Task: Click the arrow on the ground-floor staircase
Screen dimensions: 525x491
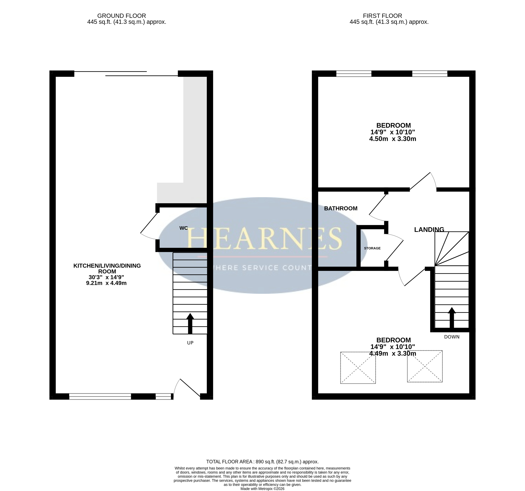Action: coord(190,324)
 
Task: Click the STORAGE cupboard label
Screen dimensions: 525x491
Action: coord(372,248)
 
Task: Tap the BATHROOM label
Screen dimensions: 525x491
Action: coord(341,208)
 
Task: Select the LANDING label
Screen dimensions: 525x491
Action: coord(429,230)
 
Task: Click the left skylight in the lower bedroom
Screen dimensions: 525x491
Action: coord(358,368)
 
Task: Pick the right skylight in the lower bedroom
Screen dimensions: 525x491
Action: coord(425,366)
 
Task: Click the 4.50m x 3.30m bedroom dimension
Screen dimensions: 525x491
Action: coord(393,139)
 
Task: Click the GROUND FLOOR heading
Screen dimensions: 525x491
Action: coord(121,16)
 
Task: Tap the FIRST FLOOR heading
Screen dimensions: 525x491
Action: coord(382,16)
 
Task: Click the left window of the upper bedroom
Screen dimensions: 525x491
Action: coord(354,74)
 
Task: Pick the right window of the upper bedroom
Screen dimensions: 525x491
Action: coord(430,74)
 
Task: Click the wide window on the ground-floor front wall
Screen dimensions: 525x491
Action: coord(100,397)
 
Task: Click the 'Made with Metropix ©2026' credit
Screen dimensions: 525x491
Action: coord(262,489)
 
